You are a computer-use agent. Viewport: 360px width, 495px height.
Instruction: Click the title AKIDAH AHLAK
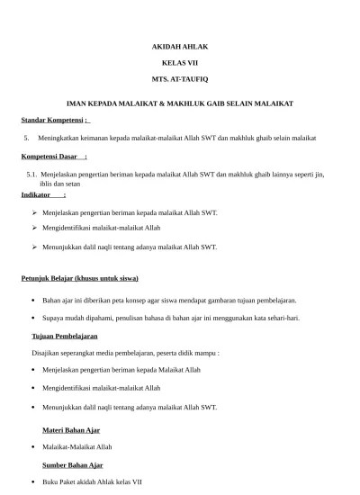(179, 45)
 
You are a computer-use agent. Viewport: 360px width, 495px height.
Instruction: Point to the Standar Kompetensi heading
(52, 120)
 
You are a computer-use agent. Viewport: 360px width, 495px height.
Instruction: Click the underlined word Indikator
(37, 194)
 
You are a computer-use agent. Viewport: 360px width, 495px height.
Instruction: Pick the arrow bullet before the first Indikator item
(33, 213)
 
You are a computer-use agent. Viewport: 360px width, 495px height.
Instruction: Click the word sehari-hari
(283, 317)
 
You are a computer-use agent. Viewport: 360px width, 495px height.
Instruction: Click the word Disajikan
(49, 353)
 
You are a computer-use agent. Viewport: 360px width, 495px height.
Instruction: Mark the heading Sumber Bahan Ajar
(73, 464)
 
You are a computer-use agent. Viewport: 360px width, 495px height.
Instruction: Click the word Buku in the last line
(51, 482)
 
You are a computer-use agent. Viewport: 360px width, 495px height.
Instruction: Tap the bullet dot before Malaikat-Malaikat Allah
(33, 446)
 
